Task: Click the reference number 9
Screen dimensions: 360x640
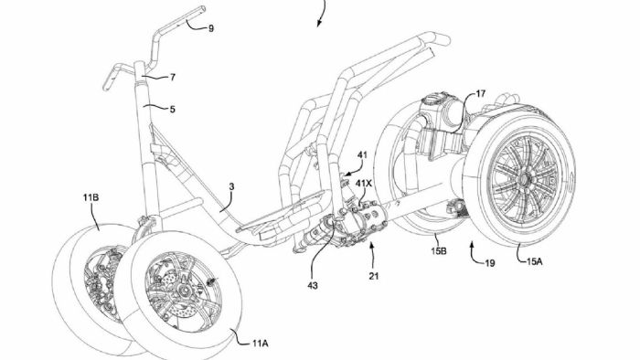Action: coord(211,28)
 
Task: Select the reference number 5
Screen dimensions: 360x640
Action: coord(171,108)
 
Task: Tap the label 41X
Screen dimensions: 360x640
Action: coord(365,183)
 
